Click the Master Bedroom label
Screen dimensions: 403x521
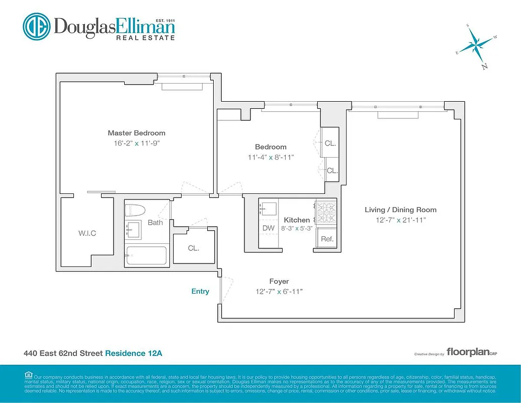click(x=136, y=133)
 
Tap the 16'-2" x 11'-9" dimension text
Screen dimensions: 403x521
click(x=136, y=143)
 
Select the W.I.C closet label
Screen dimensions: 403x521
click(x=86, y=233)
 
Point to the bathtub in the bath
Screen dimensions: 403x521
click(x=146, y=255)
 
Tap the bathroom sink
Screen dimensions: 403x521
click(x=134, y=230)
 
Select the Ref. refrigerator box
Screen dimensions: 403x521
click(x=327, y=239)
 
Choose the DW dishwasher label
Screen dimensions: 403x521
click(x=268, y=228)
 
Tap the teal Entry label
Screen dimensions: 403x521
click(x=200, y=291)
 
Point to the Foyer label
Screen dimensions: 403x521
click(x=279, y=281)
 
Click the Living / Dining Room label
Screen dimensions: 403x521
click(x=401, y=210)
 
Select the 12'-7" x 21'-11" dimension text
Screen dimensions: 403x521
click(x=401, y=220)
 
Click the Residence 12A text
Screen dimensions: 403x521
click(x=133, y=354)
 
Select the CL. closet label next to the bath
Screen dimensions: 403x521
click(x=194, y=248)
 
